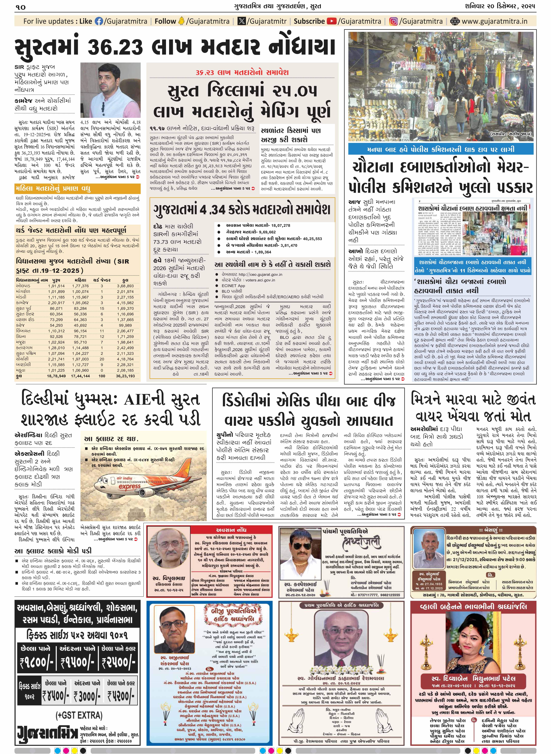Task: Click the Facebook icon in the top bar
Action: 99,21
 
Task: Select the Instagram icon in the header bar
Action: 394,21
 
